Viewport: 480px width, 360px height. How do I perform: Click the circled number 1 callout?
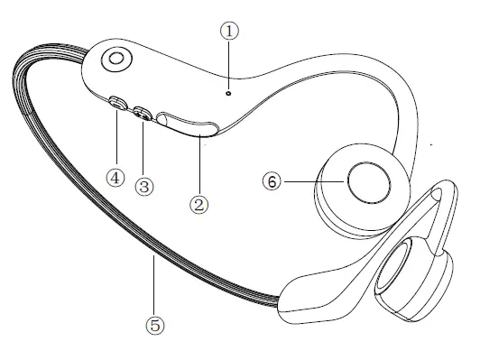[231, 30]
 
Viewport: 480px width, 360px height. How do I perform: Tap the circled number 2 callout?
[200, 204]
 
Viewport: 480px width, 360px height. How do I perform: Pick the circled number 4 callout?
[115, 177]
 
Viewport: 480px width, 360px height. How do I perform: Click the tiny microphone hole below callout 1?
[229, 92]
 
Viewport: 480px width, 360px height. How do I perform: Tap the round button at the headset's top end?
[115, 60]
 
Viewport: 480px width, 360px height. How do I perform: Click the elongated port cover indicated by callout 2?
[185, 124]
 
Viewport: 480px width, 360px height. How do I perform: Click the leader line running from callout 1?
[230, 63]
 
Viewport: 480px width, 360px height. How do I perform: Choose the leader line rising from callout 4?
[115, 140]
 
